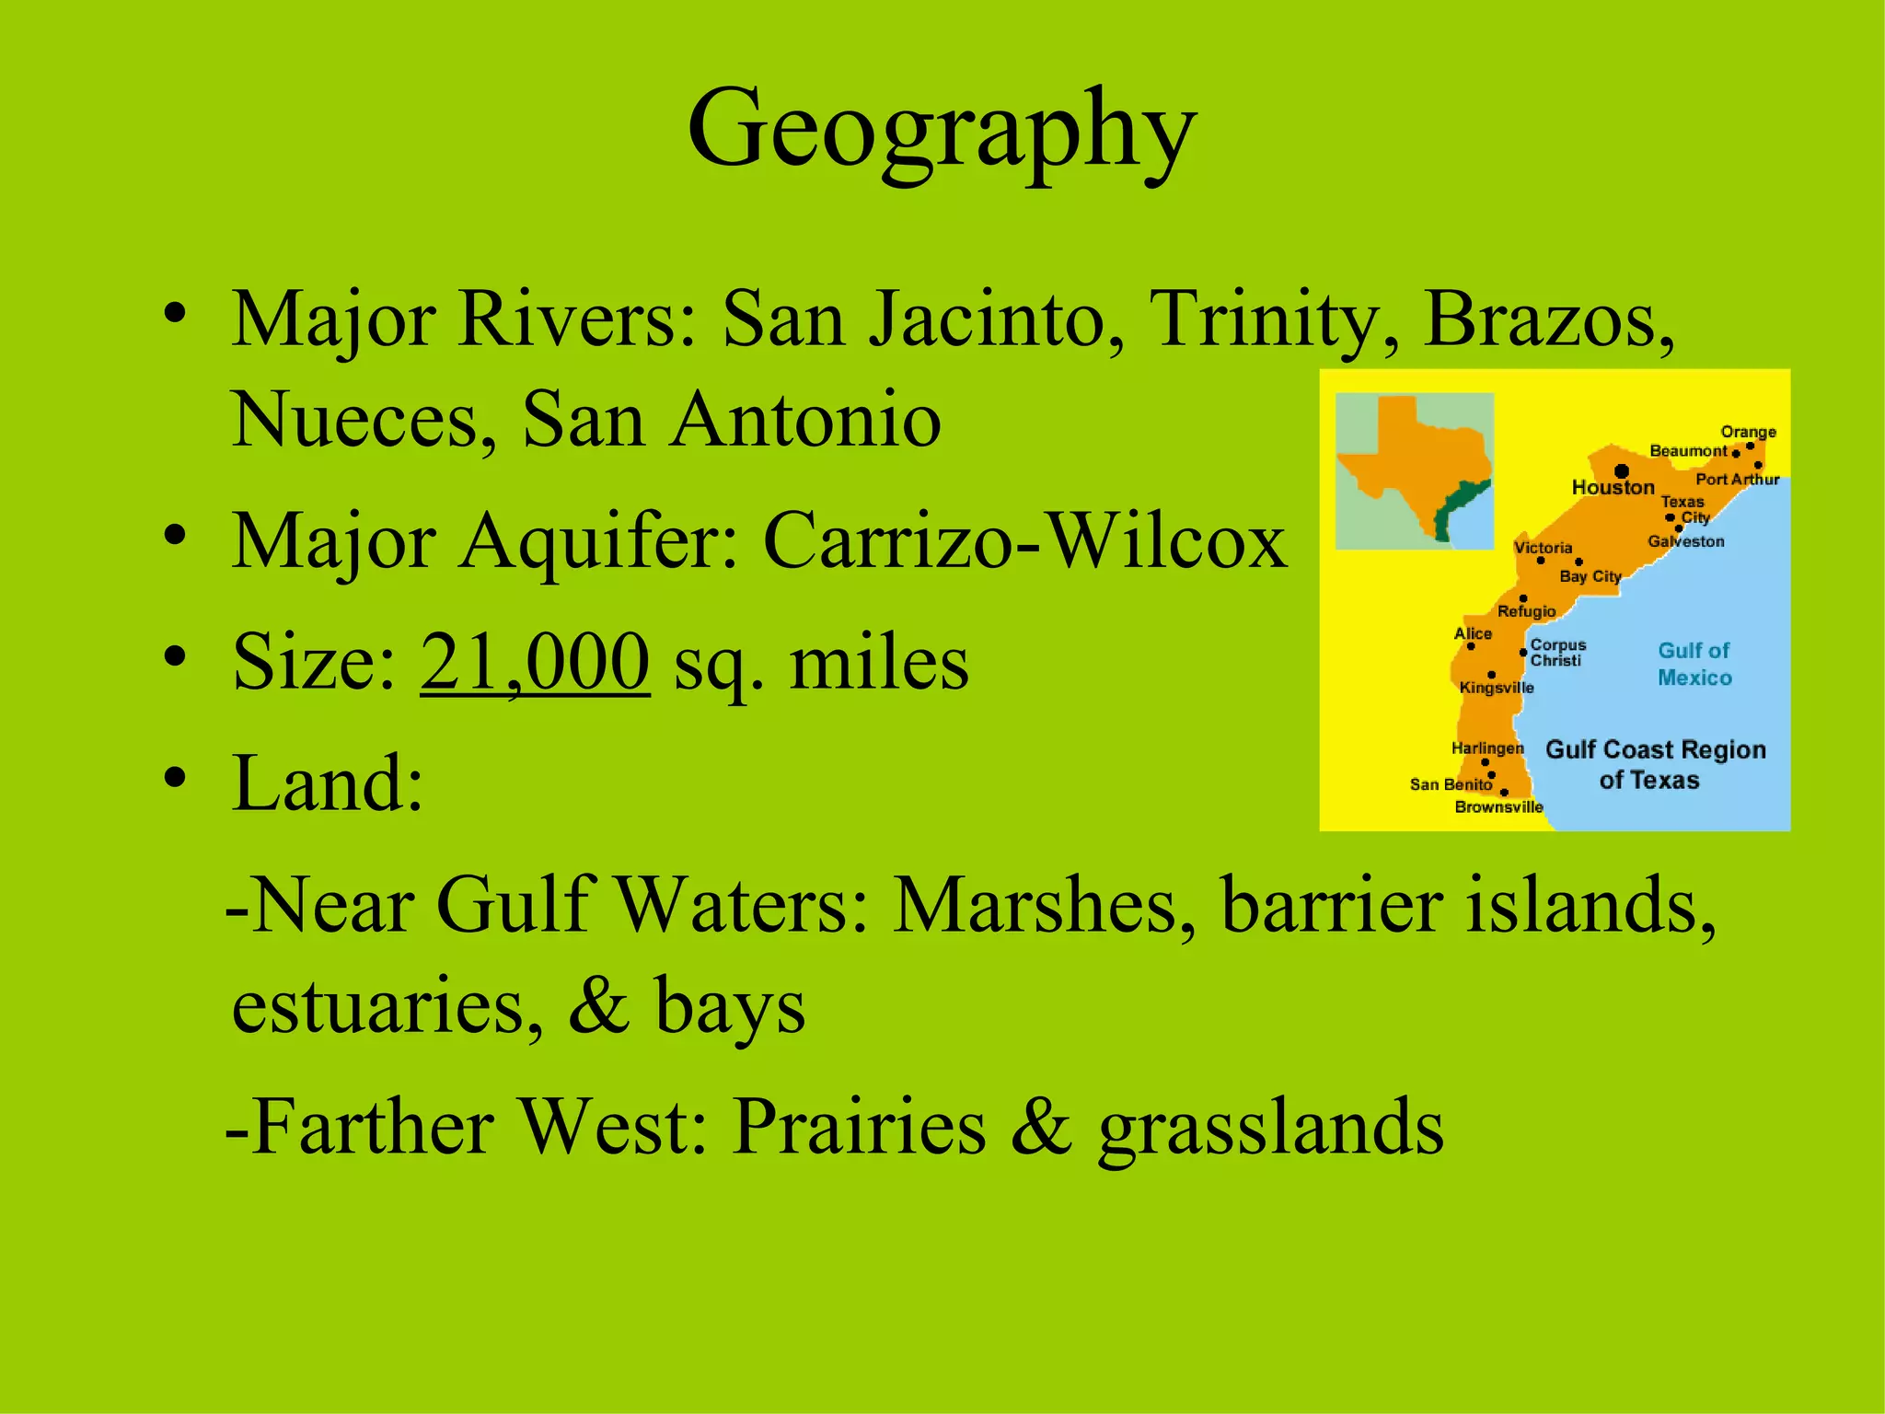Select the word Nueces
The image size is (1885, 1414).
353,420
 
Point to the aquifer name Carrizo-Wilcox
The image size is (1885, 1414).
1024,541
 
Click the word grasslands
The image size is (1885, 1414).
1270,1127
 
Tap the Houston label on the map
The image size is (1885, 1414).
1613,488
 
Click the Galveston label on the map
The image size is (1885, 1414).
1685,541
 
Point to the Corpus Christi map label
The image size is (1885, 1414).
1557,653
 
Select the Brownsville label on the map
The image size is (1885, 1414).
1498,807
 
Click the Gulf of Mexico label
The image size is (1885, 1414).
1694,664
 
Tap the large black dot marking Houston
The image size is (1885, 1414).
1622,471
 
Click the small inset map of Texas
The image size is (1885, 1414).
1414,470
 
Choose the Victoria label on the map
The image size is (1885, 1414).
1544,548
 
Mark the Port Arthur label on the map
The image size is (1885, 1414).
1737,480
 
